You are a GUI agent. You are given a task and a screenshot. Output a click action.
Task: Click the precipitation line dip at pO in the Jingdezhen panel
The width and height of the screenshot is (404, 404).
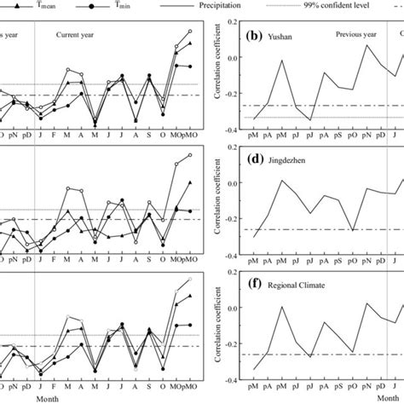tap(352, 231)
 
